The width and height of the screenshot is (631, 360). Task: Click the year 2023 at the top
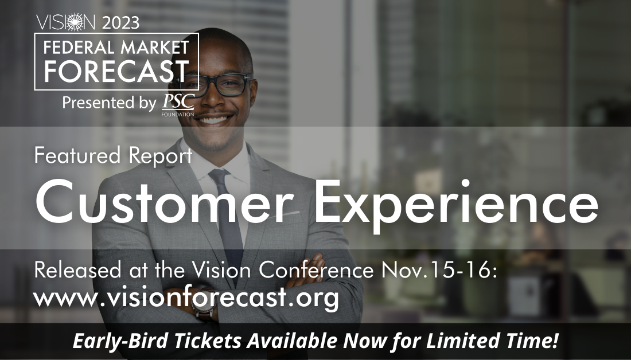pyautogui.click(x=120, y=23)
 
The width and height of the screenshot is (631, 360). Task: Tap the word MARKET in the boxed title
pyautogui.click(x=154, y=48)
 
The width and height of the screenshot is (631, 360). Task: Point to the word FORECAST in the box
pyautogui.click(x=116, y=71)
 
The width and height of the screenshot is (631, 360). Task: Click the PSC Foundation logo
pyautogui.click(x=178, y=104)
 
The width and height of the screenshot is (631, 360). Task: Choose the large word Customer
pyautogui.click(x=165, y=201)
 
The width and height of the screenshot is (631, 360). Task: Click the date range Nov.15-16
pyautogui.click(x=439, y=270)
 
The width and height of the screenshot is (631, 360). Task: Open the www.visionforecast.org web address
pyautogui.click(x=186, y=298)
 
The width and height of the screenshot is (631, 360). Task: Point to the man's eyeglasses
pyautogui.click(x=217, y=85)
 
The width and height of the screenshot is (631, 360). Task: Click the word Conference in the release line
pyautogui.click(x=316, y=270)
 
